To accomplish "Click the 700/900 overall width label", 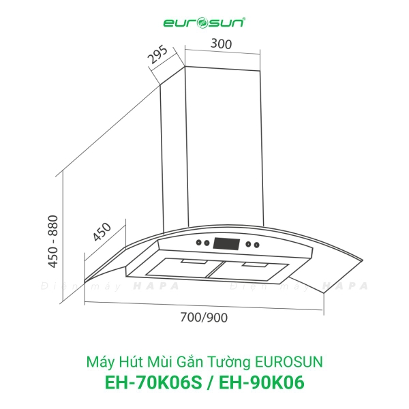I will point(205,318).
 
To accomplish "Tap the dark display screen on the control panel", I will point(226,243).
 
